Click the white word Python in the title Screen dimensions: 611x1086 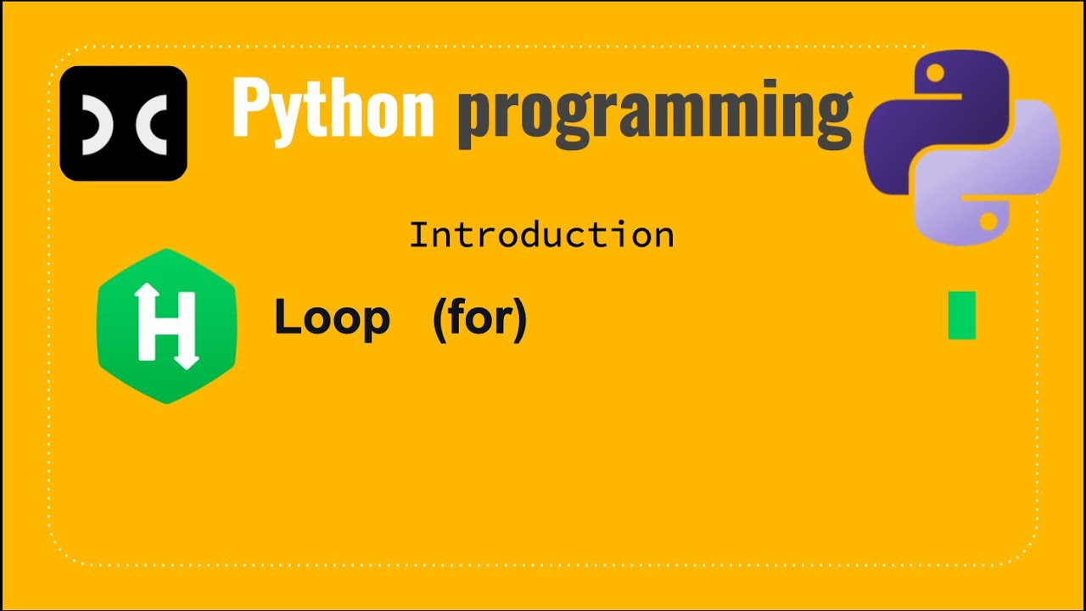point(333,109)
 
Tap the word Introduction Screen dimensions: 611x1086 point(541,235)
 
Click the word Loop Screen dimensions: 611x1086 point(332,319)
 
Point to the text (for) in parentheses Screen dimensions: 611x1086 point(479,319)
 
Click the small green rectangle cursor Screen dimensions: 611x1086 point(961,315)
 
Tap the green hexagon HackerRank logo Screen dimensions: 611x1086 point(166,326)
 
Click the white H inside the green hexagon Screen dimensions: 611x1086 point(166,326)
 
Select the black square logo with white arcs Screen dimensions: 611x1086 point(124,123)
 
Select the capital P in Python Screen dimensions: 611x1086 point(250,109)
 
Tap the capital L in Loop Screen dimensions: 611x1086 point(286,319)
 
